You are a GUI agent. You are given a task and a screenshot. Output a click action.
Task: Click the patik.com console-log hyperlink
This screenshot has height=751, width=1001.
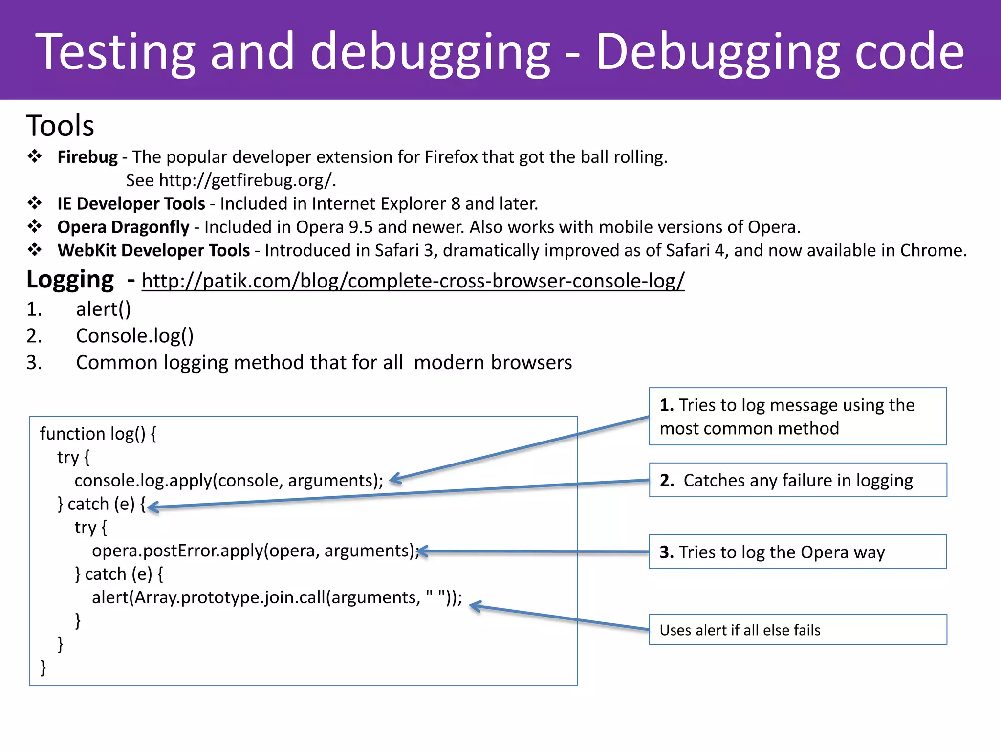(413, 281)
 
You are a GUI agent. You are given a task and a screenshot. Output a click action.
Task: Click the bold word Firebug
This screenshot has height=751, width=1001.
(87, 157)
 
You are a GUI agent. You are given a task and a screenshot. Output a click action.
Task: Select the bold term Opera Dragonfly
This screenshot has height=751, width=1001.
(123, 227)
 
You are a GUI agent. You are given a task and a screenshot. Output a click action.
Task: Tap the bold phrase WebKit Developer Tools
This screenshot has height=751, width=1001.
(153, 250)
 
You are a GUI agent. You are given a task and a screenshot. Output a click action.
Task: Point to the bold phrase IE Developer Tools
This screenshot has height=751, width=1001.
(131, 204)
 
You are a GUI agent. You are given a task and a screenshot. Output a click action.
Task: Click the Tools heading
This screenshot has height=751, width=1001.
(60, 126)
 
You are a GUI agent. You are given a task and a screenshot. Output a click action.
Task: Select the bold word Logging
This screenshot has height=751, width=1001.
(70, 280)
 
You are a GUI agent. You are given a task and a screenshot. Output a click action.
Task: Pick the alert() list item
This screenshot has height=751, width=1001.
(103, 309)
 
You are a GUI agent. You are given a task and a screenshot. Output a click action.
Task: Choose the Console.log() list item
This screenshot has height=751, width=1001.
(134, 336)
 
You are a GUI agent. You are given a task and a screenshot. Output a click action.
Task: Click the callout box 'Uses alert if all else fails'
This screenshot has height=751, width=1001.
(797, 630)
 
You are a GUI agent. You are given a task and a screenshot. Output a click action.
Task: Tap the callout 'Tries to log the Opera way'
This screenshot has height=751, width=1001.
(797, 552)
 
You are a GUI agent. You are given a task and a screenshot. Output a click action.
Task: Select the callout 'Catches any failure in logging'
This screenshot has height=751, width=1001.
(797, 480)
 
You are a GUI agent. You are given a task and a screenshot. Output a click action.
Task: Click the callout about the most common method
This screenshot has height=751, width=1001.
(797, 417)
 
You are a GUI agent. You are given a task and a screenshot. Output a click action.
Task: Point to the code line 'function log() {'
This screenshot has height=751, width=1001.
(98, 434)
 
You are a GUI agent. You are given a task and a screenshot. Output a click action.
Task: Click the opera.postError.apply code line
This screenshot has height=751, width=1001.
(255, 551)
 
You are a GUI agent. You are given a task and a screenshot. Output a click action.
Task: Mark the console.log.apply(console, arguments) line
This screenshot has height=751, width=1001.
(228, 481)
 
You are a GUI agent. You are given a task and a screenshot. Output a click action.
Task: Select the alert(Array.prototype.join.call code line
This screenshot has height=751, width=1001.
(277, 597)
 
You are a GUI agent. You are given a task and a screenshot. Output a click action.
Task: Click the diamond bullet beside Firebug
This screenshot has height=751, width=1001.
(35, 156)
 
